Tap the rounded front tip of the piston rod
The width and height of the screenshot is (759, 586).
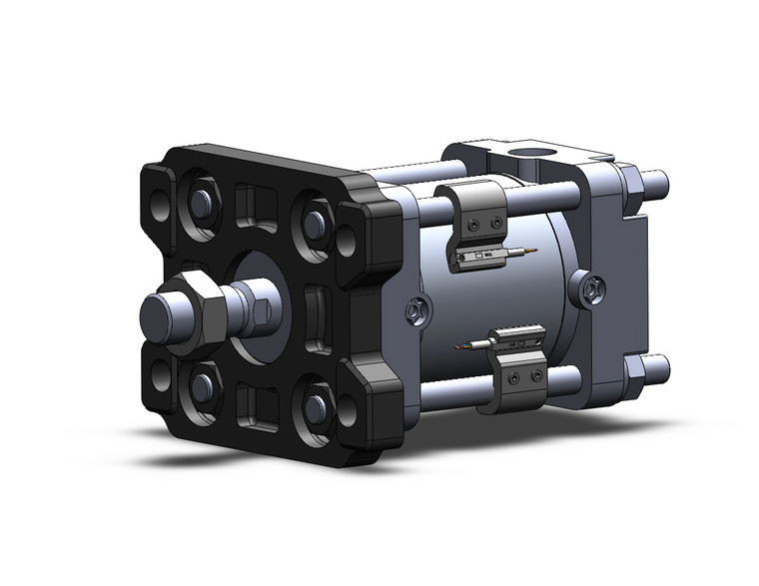[158, 314]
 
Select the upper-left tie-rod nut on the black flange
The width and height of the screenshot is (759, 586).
[199, 203]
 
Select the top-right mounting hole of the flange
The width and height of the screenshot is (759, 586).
[346, 240]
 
